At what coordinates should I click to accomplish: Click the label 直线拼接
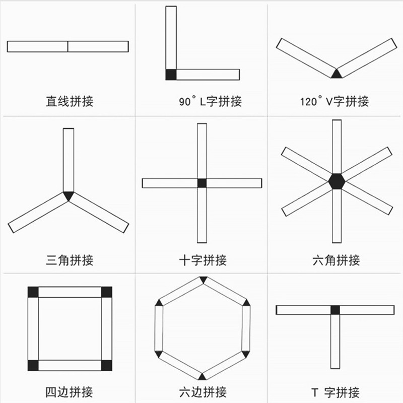70,101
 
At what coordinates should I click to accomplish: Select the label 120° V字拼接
334,101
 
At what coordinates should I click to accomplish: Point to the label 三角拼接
70,260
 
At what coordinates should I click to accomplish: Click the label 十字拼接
203,260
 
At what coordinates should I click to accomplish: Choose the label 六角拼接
336,260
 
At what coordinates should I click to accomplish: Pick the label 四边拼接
70,391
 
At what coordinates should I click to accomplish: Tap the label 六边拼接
203,391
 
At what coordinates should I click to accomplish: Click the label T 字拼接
335,391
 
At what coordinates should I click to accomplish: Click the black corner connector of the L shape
171,75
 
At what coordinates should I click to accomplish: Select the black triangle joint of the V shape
336,74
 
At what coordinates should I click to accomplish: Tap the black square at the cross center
202,183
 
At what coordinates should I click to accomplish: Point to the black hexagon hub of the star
336,181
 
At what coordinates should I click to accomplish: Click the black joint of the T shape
335,310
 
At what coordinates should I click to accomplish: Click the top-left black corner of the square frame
33,292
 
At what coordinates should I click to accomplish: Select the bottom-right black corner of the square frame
106,365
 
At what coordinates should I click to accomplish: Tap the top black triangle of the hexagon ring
203,280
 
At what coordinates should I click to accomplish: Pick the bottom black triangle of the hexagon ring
203,376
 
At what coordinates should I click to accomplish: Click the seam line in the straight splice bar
68,46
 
